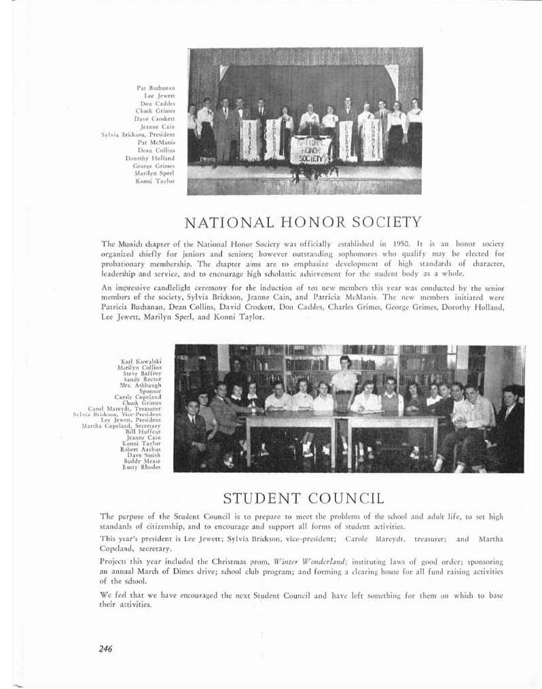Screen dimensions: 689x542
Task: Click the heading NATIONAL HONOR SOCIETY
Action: coord(303,222)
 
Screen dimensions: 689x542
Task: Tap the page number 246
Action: coord(105,648)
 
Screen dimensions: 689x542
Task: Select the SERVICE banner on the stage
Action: coord(251,140)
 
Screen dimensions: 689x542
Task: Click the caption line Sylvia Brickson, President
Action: coord(138,135)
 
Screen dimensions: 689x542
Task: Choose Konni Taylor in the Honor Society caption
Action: coord(158,181)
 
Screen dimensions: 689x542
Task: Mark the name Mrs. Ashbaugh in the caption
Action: coord(142,384)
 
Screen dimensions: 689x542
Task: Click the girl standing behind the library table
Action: coord(344,377)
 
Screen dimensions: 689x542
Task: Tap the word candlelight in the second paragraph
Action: coord(163,287)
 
